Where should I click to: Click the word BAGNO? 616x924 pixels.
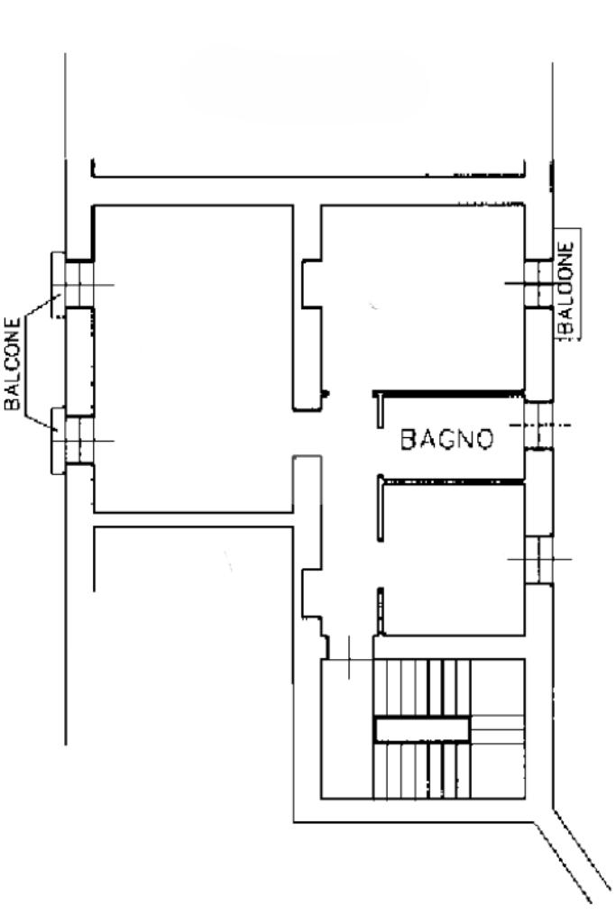coord(446,439)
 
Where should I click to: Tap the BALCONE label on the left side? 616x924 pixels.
coord(13,363)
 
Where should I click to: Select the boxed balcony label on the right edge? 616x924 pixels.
coord(566,284)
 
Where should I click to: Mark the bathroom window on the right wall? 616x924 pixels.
coord(538,425)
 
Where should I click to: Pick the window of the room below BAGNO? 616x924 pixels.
coord(538,559)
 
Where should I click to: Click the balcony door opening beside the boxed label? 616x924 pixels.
coord(538,283)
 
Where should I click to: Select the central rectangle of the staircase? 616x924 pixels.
coord(422,728)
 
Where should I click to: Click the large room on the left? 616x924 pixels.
coord(193,358)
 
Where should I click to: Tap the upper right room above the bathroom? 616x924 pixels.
coord(423,297)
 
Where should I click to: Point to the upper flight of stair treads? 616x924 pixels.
coord(422,687)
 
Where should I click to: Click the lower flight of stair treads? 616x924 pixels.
coord(422,770)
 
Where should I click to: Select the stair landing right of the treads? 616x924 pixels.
coord(498,728)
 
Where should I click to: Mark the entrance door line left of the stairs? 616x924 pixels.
coord(349,657)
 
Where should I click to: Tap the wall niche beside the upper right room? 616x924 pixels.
coord(312,283)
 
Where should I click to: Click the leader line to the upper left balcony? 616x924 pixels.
coord(41,307)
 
